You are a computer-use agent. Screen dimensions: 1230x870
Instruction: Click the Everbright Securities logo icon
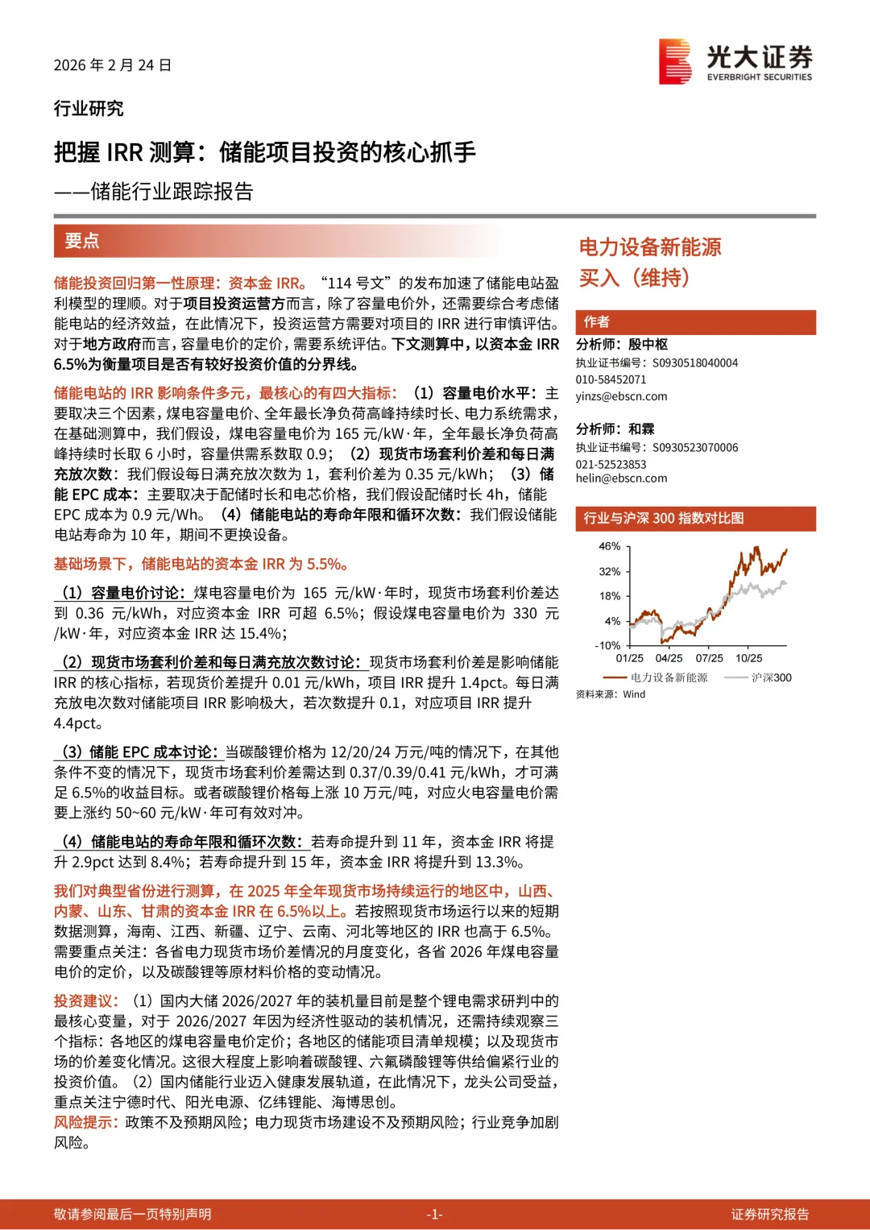click(x=675, y=61)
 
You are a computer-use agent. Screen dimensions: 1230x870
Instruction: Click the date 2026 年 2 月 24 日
click(x=113, y=65)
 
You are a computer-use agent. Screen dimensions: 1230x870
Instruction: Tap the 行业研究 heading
click(x=89, y=109)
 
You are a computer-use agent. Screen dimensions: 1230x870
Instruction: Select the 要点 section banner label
click(x=81, y=240)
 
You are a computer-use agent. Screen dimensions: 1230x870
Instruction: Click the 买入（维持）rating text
click(x=635, y=278)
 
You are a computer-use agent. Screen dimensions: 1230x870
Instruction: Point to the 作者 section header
click(x=597, y=322)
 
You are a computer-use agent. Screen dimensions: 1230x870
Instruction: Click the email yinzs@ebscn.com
click(x=621, y=396)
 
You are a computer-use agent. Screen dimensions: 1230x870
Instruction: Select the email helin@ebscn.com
click(x=621, y=478)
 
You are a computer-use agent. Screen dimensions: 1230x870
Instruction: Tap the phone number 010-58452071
click(x=611, y=379)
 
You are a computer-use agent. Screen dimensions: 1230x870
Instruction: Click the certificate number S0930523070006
click(x=695, y=448)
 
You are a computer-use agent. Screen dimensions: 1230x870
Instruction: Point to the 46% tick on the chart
click(x=610, y=546)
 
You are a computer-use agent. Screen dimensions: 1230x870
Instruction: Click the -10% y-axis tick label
click(x=607, y=645)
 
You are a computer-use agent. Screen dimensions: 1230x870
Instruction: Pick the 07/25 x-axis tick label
click(x=709, y=658)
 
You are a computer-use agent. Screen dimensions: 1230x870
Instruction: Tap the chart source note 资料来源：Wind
click(x=611, y=694)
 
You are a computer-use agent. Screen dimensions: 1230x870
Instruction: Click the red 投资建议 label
click(x=85, y=1001)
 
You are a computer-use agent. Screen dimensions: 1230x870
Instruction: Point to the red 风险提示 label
click(x=85, y=1122)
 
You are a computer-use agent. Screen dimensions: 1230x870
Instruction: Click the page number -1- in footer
click(x=434, y=1215)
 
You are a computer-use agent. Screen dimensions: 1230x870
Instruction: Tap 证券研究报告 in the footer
click(x=769, y=1215)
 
